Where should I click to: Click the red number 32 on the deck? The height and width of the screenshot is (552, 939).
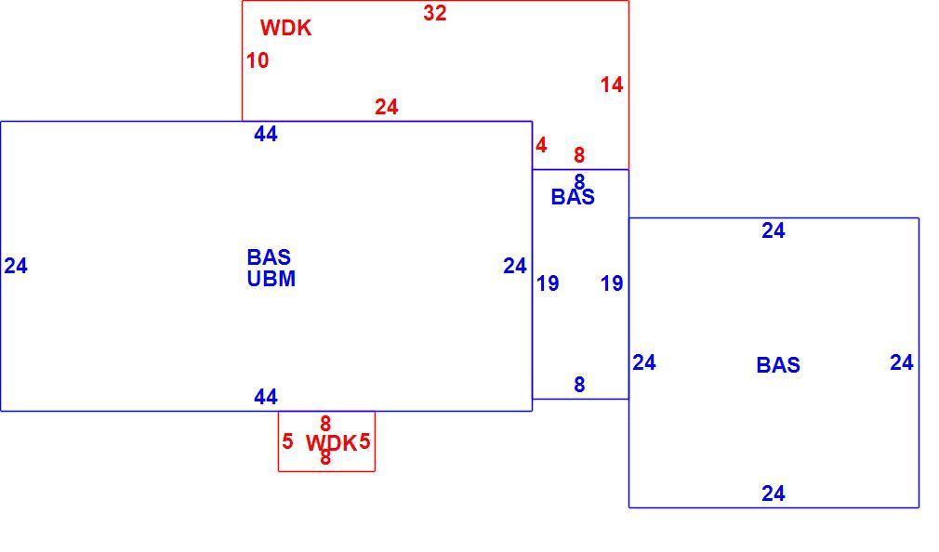(x=435, y=13)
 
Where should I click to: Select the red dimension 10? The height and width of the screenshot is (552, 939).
(x=258, y=60)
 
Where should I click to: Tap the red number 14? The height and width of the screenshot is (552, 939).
(x=612, y=85)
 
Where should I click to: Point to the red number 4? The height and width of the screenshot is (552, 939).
(x=541, y=146)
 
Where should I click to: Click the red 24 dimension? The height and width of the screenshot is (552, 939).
(x=387, y=107)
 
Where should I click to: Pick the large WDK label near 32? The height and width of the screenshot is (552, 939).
(x=285, y=28)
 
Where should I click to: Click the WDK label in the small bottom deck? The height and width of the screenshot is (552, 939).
(x=331, y=443)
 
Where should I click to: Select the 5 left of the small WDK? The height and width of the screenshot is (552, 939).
(x=287, y=441)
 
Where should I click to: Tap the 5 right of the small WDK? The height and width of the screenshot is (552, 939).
(x=364, y=441)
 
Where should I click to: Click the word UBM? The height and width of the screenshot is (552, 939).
(x=271, y=279)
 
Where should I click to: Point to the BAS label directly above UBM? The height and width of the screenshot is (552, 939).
(x=269, y=257)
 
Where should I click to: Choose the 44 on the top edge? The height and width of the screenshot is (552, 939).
(x=266, y=134)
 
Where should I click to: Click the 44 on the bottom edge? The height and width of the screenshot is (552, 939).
(x=266, y=397)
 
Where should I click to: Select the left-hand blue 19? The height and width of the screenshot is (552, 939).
(x=548, y=283)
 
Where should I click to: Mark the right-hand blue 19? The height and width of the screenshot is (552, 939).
(x=612, y=283)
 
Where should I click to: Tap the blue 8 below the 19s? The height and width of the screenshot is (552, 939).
(x=579, y=385)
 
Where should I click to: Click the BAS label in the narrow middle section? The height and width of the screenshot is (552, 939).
(x=573, y=197)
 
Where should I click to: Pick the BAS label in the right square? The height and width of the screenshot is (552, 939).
(x=778, y=365)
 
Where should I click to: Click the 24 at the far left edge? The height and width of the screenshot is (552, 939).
(x=16, y=266)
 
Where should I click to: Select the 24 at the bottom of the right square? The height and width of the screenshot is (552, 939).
(x=774, y=493)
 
